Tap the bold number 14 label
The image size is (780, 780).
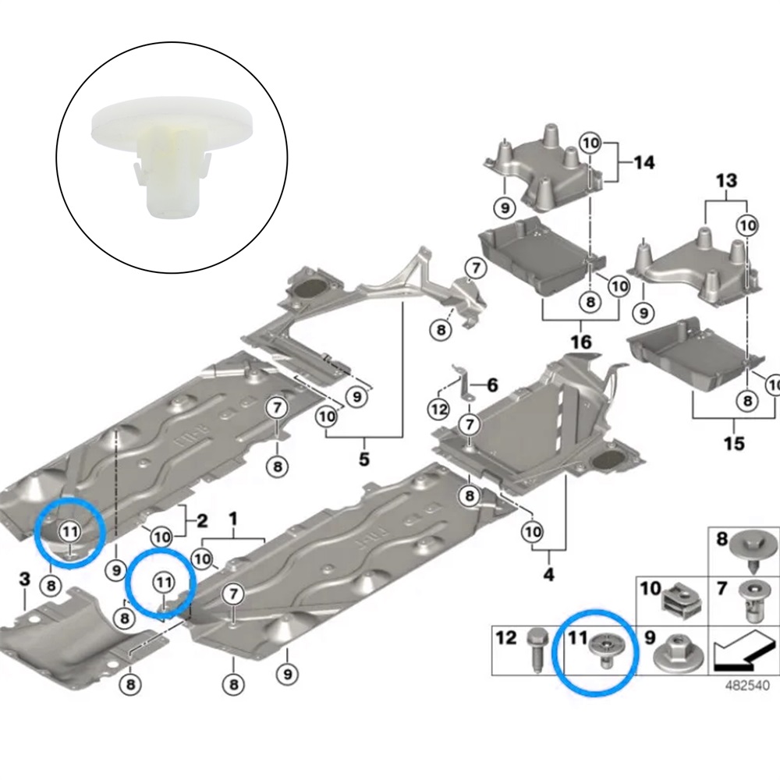(x=643, y=163)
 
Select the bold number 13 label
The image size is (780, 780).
(x=725, y=181)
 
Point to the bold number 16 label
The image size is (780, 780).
(x=580, y=342)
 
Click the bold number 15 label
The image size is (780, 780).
(x=734, y=443)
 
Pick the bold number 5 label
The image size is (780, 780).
(x=364, y=459)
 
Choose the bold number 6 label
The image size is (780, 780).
(x=491, y=384)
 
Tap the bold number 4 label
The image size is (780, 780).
(x=548, y=576)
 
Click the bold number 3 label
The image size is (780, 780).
(x=24, y=579)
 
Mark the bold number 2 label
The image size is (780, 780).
(x=201, y=520)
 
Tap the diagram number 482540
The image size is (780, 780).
(x=747, y=686)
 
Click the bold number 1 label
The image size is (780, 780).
(x=232, y=518)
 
